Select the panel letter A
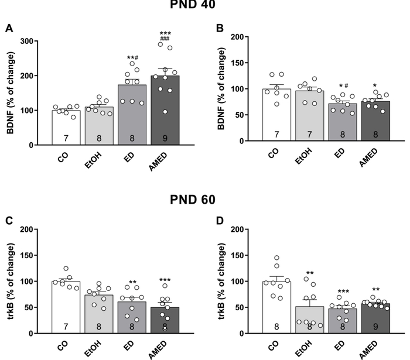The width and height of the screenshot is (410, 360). pos(9,28)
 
